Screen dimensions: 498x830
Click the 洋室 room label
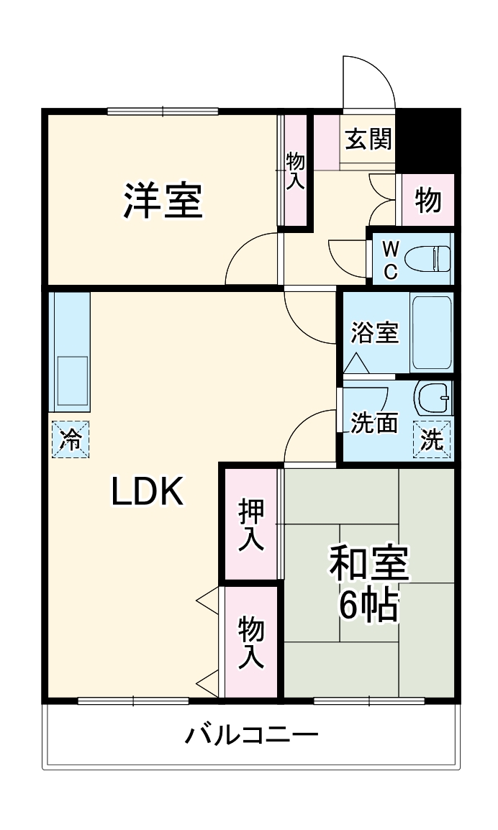click(163, 201)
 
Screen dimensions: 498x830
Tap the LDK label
click(148, 491)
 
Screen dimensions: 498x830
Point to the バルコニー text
click(252, 735)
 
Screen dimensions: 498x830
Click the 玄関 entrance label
click(368, 139)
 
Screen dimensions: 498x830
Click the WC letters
click(390, 260)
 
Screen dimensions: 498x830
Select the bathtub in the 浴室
click(432, 332)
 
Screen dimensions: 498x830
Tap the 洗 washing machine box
click(432, 438)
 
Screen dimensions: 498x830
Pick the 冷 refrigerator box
click(71, 439)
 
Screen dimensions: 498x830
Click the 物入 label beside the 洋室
click(294, 171)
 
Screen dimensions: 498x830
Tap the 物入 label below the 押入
click(250, 642)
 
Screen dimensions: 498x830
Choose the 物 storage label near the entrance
click(427, 200)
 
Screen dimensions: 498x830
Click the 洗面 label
click(374, 423)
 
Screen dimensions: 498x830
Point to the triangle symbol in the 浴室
click(357, 363)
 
